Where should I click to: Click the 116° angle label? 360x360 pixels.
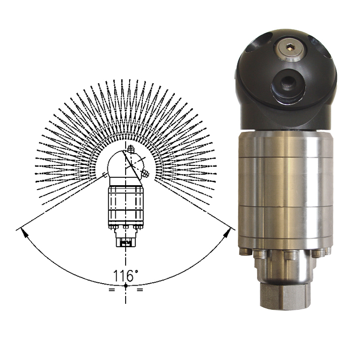click(126, 276)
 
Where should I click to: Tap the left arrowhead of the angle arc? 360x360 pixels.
click(24, 232)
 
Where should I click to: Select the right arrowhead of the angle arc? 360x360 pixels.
click(227, 232)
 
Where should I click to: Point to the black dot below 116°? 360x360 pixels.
click(126, 285)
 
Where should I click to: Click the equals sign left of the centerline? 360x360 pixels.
click(112, 290)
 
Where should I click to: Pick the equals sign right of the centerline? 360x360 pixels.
click(140, 290)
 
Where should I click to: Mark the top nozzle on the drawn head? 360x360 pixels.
click(131, 149)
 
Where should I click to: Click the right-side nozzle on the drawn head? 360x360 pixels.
click(145, 174)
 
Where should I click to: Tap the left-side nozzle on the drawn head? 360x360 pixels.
click(105, 175)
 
